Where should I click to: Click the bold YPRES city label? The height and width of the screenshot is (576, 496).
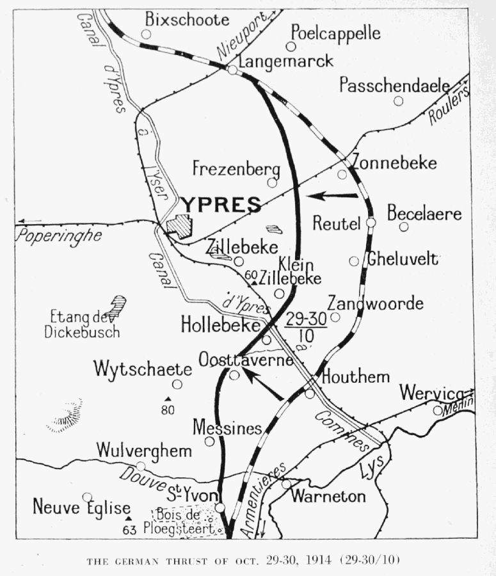tap(221, 205)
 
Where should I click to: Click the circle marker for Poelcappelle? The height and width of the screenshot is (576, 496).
tap(291, 46)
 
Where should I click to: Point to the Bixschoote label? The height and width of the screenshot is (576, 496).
tap(187, 20)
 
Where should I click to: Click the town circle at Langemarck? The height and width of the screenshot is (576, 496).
tap(233, 70)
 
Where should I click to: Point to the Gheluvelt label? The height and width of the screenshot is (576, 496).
tap(402, 259)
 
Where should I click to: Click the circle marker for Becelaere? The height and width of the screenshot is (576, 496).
tap(404, 227)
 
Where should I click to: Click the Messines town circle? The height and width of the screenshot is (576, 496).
tap(209, 442)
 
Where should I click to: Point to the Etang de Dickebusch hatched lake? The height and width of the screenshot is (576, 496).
tap(117, 305)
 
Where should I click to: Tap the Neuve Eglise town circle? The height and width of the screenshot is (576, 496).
tap(87, 497)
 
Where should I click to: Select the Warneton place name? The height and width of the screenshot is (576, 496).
tap(328, 496)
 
